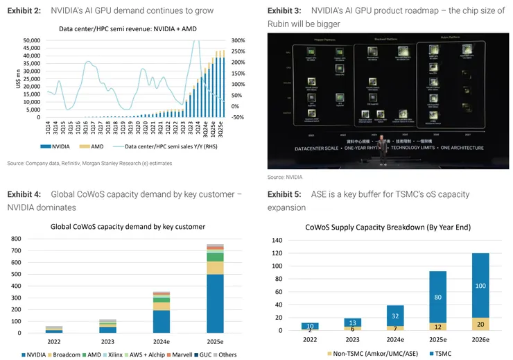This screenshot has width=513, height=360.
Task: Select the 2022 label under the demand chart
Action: (53, 341)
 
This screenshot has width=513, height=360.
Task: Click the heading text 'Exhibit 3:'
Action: (284, 11)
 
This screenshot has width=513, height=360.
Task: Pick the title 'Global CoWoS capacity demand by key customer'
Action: (128, 226)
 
